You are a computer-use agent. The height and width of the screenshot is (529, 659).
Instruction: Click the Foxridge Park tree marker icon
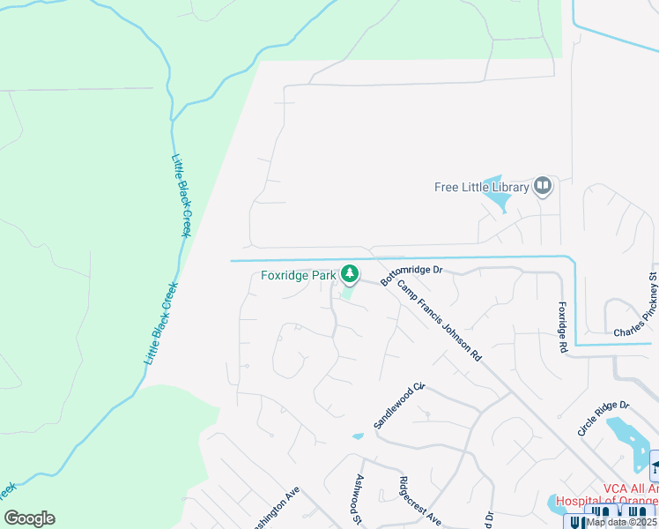350,275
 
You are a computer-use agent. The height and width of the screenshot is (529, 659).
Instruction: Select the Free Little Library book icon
543,186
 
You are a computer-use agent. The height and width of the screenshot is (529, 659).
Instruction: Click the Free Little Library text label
482,187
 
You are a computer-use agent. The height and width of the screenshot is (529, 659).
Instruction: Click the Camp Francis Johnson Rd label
439,321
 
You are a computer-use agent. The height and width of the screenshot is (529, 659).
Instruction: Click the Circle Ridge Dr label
603,418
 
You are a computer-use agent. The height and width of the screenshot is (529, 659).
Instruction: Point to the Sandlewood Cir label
399,406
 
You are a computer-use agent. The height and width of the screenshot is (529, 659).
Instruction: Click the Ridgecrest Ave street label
419,502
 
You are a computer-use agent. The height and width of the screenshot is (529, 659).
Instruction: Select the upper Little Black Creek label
182,199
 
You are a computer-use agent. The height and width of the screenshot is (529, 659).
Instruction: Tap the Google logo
29,518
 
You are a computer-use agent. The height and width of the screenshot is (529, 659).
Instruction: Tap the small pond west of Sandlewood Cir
357,436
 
